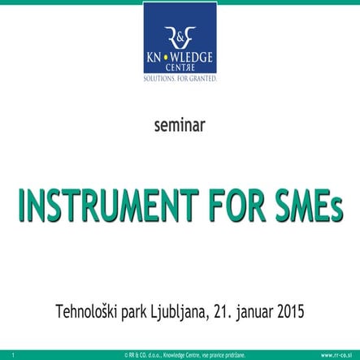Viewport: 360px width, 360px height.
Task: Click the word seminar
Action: [180, 125]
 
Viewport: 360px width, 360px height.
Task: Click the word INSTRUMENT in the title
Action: [108, 206]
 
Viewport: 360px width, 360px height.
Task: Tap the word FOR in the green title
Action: [238, 206]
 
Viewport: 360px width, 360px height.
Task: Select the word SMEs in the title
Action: [309, 206]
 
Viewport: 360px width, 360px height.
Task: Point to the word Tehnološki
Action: [86, 311]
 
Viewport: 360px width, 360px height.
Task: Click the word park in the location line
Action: [134, 313]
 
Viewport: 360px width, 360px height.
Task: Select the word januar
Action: [254, 313]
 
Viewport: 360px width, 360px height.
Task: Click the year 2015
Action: [291, 311]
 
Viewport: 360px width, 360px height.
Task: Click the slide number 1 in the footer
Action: [13, 355]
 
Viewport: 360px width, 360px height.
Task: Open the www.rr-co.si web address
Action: [336, 355]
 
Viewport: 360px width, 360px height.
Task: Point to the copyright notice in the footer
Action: [185, 355]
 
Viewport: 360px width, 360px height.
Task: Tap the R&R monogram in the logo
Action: [180, 37]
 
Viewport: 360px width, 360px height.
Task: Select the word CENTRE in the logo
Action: [180, 67]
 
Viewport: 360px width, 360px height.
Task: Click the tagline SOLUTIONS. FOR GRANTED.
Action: [180, 79]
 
